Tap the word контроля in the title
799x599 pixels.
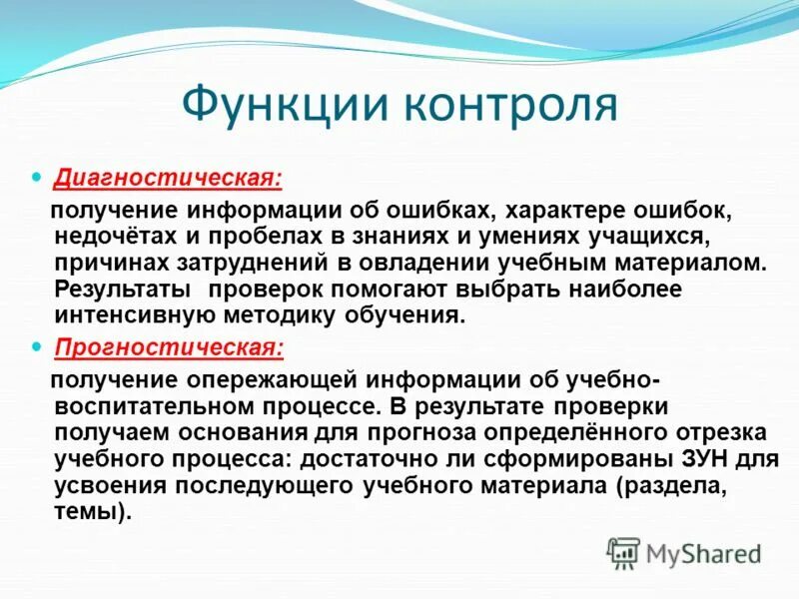[510, 105]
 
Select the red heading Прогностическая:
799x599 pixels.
[169, 347]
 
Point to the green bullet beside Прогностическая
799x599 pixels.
[39, 347]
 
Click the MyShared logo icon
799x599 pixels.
[624, 551]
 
